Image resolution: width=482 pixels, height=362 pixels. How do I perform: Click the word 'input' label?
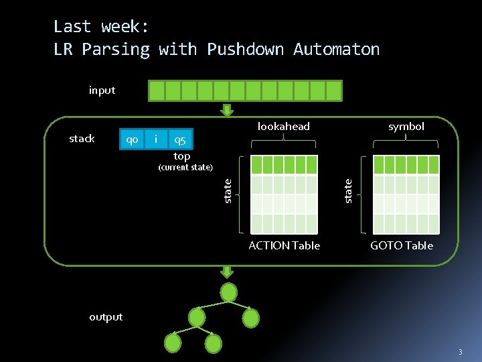click(102, 90)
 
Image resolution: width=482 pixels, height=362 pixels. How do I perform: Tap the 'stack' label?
click(82, 139)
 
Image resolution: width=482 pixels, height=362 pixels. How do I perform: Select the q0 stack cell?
click(133, 139)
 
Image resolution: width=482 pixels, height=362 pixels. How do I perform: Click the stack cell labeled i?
click(156, 139)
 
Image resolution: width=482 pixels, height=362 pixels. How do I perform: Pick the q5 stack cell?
click(180, 139)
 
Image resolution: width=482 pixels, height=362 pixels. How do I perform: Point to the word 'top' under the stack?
click(182, 156)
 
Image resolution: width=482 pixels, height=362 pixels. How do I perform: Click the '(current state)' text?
click(185, 167)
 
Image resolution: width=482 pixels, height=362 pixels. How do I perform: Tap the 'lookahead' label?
click(284, 127)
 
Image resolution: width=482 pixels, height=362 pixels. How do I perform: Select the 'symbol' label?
click(406, 127)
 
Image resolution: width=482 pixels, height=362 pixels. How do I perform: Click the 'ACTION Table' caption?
click(284, 245)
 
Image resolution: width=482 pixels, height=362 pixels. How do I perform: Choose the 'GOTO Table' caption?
click(402, 245)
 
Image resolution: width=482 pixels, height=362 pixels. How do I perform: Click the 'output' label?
click(106, 317)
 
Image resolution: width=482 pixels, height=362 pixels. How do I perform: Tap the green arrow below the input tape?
click(228, 110)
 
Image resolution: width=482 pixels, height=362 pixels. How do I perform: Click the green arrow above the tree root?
click(228, 271)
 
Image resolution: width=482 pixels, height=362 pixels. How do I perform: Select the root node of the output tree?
click(229, 292)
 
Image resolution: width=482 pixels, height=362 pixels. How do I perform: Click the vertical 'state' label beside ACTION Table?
click(228, 190)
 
